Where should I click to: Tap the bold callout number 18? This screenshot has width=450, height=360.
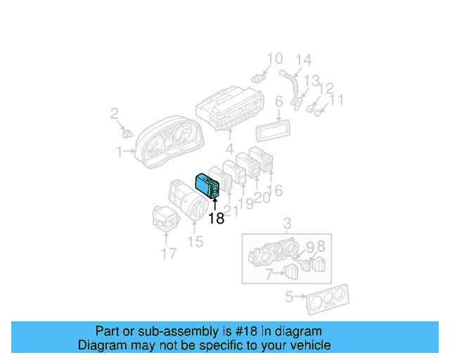tap(217, 219)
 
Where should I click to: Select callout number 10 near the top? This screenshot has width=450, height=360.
tap(274, 59)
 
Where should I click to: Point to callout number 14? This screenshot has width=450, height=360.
tap(302, 60)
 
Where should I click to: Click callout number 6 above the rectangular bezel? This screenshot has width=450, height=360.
tap(278, 102)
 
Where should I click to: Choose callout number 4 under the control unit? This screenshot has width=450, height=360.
tap(229, 149)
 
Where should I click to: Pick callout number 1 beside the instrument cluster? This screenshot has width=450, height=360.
tap(120, 151)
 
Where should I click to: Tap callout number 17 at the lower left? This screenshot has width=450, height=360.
tap(169, 253)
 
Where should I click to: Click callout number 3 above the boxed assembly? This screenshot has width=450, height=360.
tap(287, 225)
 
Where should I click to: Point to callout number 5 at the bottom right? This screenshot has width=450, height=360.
tap(289, 297)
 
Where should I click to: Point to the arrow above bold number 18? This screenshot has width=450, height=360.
tap(216, 203)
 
